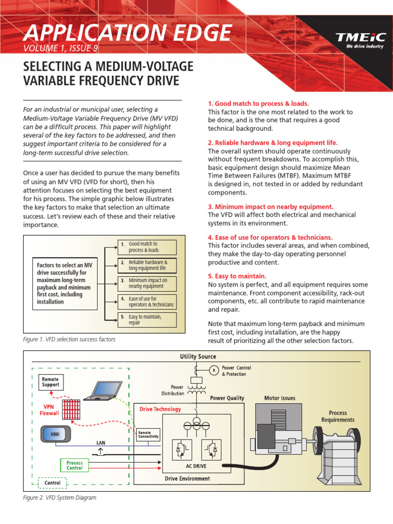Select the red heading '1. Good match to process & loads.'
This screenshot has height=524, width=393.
(258, 103)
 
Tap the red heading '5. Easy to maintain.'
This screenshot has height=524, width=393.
(237, 276)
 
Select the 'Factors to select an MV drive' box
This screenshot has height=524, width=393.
(65, 283)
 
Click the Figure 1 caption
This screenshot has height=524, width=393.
(70, 339)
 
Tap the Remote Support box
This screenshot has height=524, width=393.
(51, 382)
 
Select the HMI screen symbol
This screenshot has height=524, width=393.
(55, 434)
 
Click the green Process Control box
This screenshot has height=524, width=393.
(75, 465)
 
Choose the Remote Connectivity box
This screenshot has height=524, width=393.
(149, 435)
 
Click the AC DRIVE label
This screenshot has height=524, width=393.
(196, 467)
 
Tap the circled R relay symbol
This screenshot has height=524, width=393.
(214, 370)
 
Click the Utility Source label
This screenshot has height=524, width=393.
(198, 357)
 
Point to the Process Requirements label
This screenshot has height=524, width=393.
(338, 416)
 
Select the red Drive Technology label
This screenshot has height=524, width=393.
(161, 409)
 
